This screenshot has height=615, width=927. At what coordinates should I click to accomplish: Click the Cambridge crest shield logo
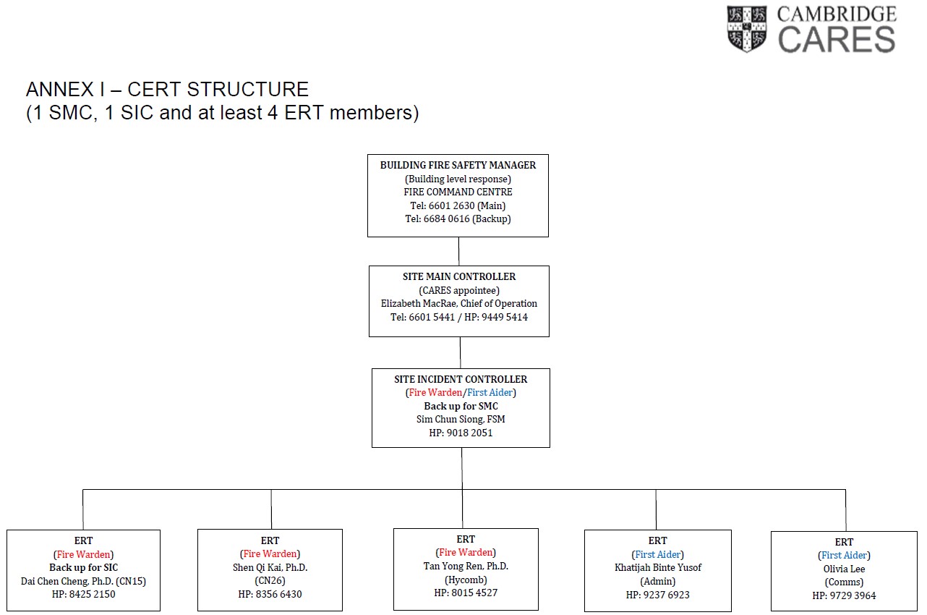click(x=746, y=28)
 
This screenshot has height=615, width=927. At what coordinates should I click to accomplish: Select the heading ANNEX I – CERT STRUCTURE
click(x=167, y=89)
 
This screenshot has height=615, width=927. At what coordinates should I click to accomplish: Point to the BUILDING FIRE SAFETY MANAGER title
click(x=458, y=165)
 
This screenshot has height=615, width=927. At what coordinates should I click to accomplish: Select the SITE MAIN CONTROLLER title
click(x=459, y=276)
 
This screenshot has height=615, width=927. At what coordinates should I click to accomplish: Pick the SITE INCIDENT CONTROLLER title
click(x=461, y=379)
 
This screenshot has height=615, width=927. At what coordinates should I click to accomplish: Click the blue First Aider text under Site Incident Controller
click(x=490, y=393)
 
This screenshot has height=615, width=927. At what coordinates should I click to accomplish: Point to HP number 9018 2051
click(x=470, y=433)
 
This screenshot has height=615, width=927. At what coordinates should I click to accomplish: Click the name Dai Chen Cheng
click(x=55, y=581)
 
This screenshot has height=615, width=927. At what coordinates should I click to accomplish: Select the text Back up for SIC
click(x=84, y=567)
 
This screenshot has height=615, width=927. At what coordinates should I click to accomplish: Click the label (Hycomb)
click(x=466, y=580)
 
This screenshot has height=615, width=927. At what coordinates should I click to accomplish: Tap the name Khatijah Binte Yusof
click(x=657, y=567)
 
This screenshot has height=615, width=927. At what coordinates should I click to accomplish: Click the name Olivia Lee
click(x=844, y=569)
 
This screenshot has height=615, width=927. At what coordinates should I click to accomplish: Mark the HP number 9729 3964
click(x=853, y=595)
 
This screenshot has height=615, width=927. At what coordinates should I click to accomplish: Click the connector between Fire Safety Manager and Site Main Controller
click(x=458, y=251)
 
